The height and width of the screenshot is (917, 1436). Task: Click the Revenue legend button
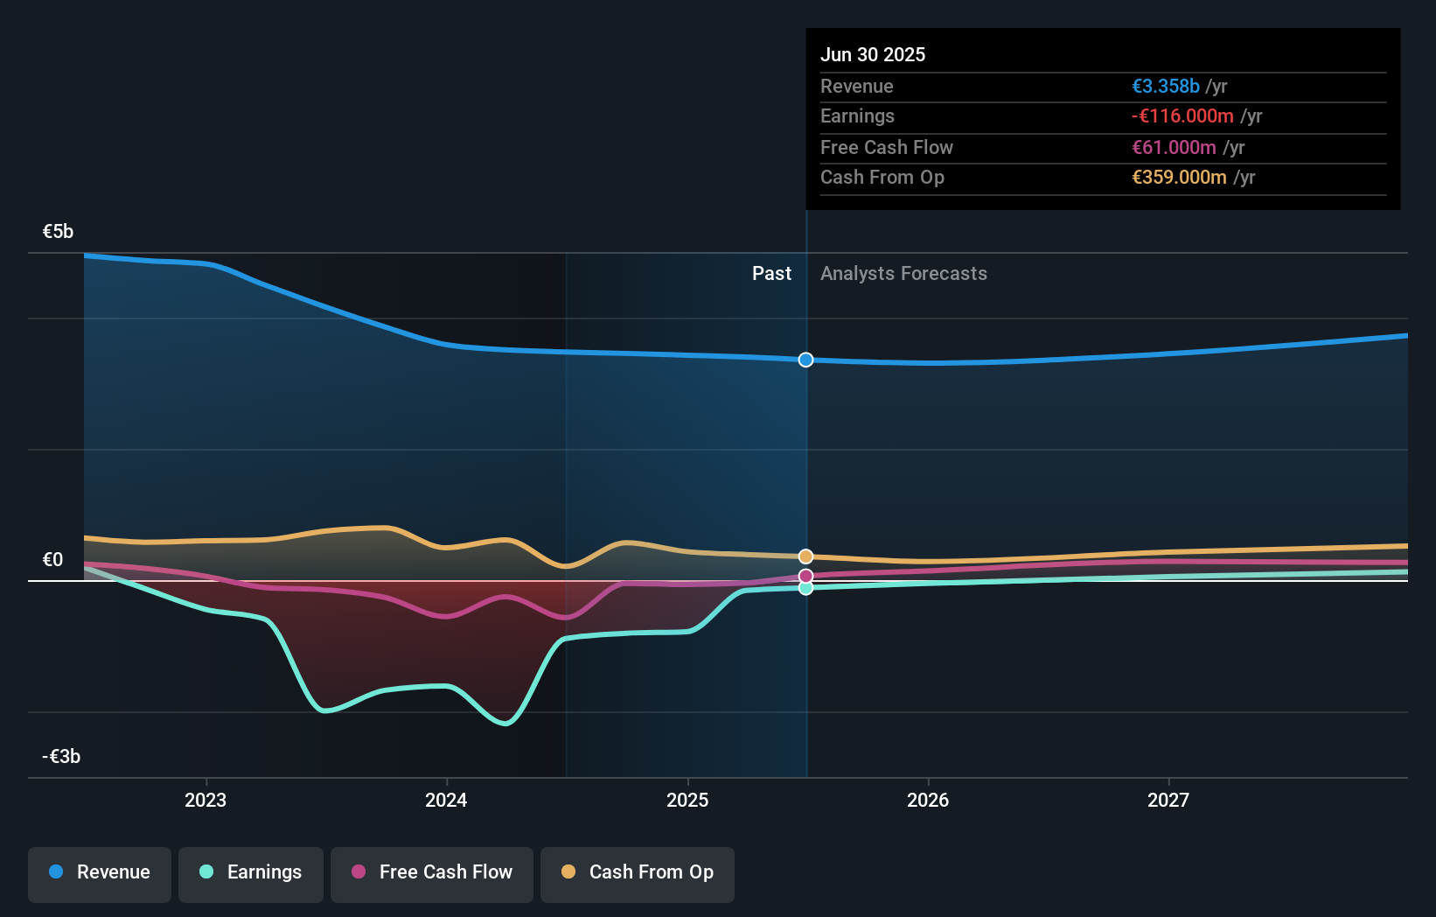click(100, 873)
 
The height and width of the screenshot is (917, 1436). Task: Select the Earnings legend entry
click(251, 873)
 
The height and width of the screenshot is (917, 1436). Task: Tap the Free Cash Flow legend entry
click(432, 873)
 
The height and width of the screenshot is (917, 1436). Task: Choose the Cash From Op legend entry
click(638, 873)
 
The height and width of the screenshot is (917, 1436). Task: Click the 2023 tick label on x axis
click(206, 800)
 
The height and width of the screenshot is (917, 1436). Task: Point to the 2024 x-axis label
click(446, 800)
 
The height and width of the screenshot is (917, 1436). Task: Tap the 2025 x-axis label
click(687, 800)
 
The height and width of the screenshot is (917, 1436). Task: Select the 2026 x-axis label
click(928, 800)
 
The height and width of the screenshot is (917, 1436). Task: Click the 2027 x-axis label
click(1168, 800)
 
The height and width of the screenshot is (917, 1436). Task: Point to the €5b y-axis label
click(58, 232)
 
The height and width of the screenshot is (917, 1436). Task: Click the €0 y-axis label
click(52, 560)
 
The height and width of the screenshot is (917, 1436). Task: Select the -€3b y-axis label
click(61, 757)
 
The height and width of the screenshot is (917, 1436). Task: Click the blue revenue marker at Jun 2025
click(805, 360)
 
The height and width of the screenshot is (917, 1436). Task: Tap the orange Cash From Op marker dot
click(805, 556)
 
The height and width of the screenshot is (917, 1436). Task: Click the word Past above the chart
click(771, 274)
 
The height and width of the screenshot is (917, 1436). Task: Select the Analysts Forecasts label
click(903, 274)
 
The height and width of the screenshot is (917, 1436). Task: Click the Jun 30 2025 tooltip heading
click(872, 54)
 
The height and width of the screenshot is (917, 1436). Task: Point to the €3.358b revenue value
click(1165, 86)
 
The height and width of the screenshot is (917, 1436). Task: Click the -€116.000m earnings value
click(1182, 116)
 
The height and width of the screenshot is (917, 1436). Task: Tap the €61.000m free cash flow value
click(1174, 147)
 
